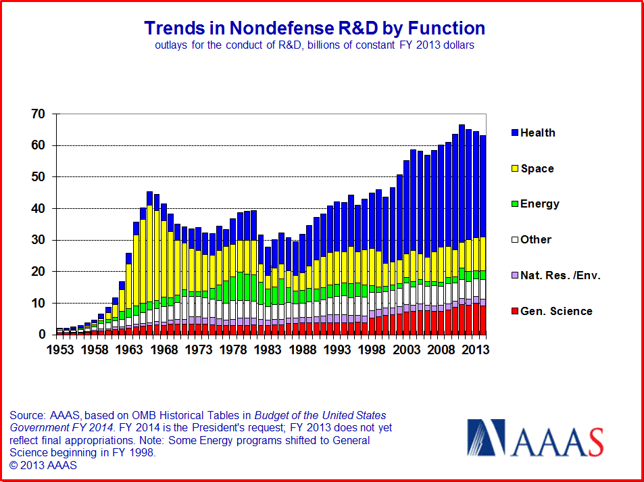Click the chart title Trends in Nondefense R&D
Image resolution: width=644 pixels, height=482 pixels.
tap(314, 28)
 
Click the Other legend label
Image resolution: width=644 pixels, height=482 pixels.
tap(536, 239)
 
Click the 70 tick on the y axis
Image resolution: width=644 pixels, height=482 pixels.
tap(38, 114)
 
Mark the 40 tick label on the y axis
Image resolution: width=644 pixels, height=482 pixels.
tap(38, 209)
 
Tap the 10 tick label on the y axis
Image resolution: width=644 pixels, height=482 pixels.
tap(38, 304)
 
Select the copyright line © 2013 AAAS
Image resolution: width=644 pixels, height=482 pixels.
tap(43, 466)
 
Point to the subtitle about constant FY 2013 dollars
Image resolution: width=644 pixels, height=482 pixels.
tap(314, 45)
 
